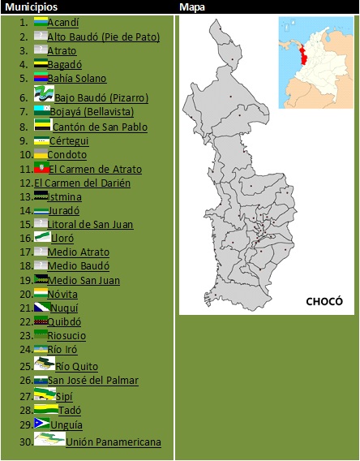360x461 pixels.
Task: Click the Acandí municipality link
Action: [x=62, y=23]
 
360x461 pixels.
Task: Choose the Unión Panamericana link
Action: [x=114, y=442]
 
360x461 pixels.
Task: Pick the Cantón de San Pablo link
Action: [x=100, y=127]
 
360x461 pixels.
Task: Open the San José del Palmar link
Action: [x=92, y=380]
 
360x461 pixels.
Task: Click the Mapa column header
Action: [x=192, y=6]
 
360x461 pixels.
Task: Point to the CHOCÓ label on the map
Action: [x=324, y=301]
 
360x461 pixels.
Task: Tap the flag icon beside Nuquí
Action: [x=41, y=308]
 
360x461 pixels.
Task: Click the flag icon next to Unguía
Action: [x=41, y=424]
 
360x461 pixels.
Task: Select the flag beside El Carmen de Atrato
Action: [x=41, y=168]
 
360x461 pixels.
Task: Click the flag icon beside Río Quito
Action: [x=44, y=364]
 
